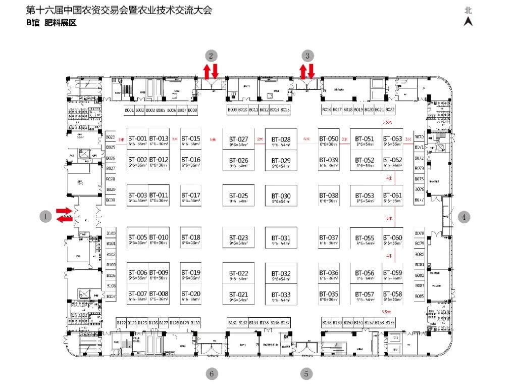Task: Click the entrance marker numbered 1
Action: pos(45,217)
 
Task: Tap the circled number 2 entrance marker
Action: pos(212,55)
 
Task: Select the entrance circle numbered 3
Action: pos(307,55)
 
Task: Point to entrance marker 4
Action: pos(464,217)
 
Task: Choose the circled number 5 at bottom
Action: pos(306,374)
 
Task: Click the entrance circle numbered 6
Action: pos(212,374)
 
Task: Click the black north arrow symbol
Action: pos(469,21)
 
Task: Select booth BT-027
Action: pos(238,141)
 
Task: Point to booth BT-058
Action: pos(392,296)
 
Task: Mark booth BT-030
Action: pos(281,198)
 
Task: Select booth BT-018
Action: pos(191,239)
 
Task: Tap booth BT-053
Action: pos(365,198)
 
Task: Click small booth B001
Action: pos(129,110)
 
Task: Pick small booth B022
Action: pos(390,110)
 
